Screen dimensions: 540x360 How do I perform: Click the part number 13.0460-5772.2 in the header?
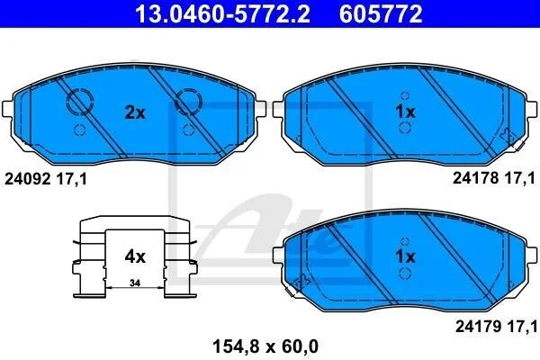coord(223,13)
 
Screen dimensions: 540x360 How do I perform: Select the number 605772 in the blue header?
coord(381,13)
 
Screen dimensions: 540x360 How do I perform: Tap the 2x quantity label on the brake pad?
coord(135,112)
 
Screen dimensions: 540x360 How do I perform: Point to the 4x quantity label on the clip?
coord(135,256)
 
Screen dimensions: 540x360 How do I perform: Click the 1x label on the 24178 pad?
coord(405,112)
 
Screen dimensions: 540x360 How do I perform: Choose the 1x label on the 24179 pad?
coord(405,256)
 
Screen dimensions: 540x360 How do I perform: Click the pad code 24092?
coord(28,179)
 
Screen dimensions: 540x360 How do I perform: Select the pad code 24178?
coord(475,178)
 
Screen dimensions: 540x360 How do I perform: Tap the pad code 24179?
coord(479,327)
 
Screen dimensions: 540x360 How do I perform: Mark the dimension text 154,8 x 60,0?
coord(265,346)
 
